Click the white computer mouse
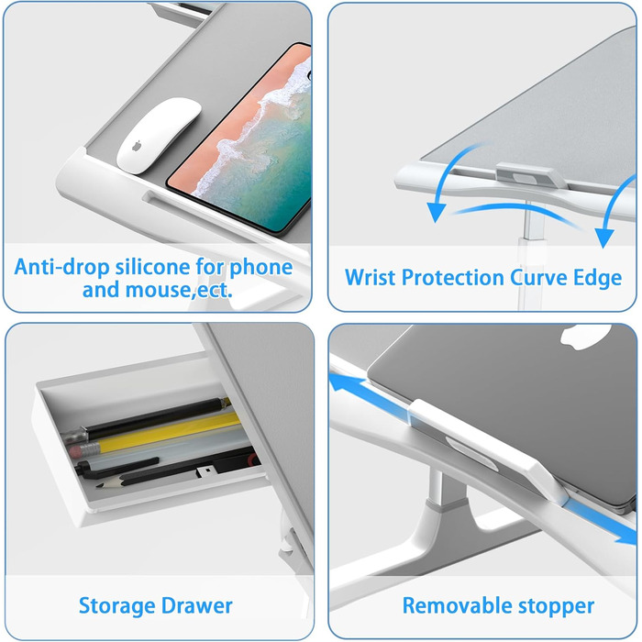[x=158, y=135]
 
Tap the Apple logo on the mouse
[x=137, y=145]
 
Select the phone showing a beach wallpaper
[x=242, y=140]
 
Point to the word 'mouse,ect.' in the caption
[x=179, y=290]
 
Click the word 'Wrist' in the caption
[x=371, y=277]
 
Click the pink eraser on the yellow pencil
[x=77, y=451]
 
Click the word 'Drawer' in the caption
[x=197, y=606]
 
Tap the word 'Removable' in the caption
[x=454, y=605]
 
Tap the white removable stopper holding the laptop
[x=487, y=450]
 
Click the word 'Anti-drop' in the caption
[x=61, y=267]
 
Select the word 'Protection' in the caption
[x=453, y=277]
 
